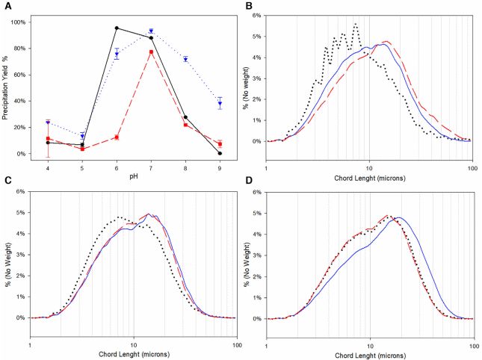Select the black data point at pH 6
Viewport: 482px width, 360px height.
(x=117, y=28)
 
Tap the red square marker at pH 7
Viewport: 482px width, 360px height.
(x=152, y=52)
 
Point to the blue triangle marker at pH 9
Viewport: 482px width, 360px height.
(x=220, y=104)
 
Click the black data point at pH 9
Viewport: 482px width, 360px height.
(x=220, y=153)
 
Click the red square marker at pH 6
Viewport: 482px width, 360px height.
(x=117, y=137)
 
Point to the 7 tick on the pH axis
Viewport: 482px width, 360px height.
(x=152, y=167)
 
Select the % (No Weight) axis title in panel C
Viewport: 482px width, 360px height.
(x=7, y=259)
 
